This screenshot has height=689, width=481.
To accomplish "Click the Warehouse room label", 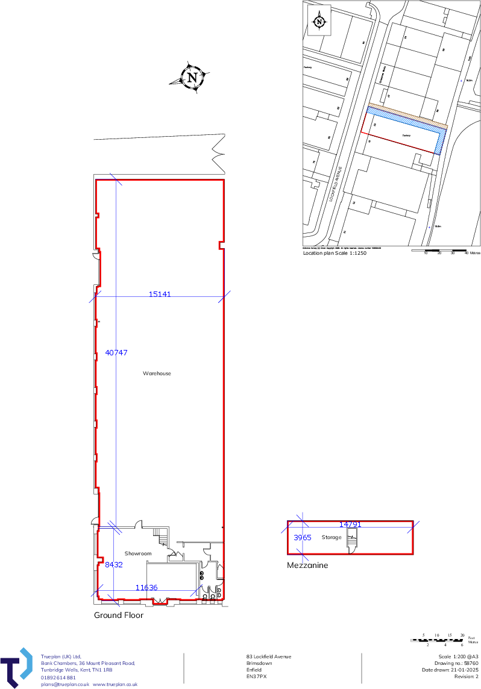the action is (157, 373).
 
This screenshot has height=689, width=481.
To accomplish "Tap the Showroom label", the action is (137, 553).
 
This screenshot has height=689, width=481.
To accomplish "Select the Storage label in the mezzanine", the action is (332, 537).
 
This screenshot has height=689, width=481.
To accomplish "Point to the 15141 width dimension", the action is (160, 295).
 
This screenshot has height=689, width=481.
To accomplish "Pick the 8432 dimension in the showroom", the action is (114, 565).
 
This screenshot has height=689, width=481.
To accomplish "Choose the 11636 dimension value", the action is (146, 587).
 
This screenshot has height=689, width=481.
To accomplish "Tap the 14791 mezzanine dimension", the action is (350, 525).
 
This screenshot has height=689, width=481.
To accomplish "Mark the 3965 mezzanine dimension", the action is (302, 537).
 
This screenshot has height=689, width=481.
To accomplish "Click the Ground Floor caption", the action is (119, 616).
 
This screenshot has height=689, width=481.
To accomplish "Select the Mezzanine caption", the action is (307, 566).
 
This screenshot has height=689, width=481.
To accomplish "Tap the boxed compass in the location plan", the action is (319, 22).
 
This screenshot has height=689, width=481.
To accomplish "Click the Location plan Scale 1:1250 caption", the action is (335, 254).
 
